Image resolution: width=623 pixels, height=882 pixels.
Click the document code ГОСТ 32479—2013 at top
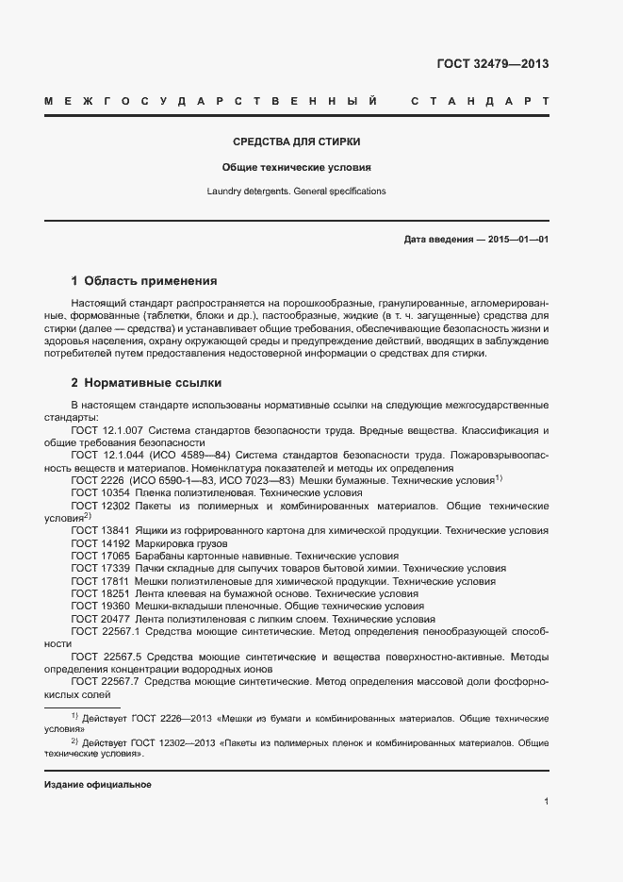coord(492,64)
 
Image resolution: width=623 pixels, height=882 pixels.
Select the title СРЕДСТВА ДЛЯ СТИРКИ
coord(297,142)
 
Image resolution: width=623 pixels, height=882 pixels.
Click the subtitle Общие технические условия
coord(296,167)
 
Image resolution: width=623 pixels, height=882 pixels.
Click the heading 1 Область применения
coord(144,281)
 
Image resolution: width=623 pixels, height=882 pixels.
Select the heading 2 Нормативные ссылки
coord(146,383)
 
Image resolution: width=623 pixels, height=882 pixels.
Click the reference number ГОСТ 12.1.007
coord(106,430)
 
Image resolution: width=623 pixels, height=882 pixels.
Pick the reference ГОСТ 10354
coord(100,492)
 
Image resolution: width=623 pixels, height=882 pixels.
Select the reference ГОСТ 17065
coord(100,556)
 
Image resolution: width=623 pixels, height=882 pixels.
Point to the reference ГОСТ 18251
coord(100,593)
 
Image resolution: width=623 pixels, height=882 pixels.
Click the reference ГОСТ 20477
coord(100,619)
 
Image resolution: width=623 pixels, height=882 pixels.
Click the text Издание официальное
coord(98,785)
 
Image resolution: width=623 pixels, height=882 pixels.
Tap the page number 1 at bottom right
coord(547,802)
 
